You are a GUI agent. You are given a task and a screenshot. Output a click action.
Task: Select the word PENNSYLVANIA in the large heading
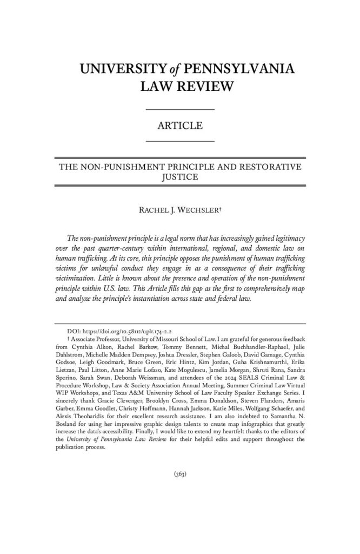(238, 69)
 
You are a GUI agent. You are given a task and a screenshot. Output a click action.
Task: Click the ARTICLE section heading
(180, 126)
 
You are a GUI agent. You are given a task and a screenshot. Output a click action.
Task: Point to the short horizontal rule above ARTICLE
(180, 110)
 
